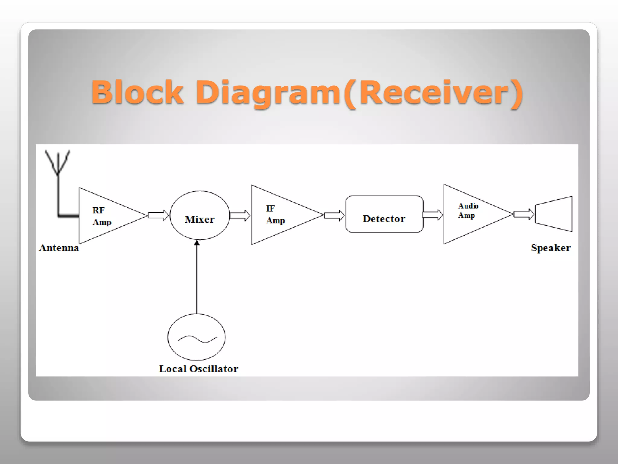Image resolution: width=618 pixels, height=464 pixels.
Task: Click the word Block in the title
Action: point(137,92)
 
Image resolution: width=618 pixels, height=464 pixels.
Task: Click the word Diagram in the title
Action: point(269,92)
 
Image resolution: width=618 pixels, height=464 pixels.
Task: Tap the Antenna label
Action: point(59,248)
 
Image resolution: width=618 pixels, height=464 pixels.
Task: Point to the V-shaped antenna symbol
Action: point(58,162)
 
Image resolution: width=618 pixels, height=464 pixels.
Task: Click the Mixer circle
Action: point(199,215)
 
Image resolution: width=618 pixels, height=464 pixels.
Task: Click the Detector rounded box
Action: point(384,214)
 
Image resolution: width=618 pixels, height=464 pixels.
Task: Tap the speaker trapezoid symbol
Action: point(554,214)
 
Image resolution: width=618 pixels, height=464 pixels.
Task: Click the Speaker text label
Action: point(551,248)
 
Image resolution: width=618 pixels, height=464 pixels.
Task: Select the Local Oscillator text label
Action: point(199,369)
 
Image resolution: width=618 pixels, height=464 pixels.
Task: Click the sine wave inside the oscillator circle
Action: point(197,339)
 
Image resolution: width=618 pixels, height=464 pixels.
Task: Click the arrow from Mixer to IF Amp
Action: point(240,215)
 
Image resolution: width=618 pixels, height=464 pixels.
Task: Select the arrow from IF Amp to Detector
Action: point(334,215)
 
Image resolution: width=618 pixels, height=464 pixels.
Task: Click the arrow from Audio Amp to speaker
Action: point(524,214)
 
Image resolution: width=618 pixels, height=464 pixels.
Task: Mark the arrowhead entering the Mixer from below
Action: point(197,243)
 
